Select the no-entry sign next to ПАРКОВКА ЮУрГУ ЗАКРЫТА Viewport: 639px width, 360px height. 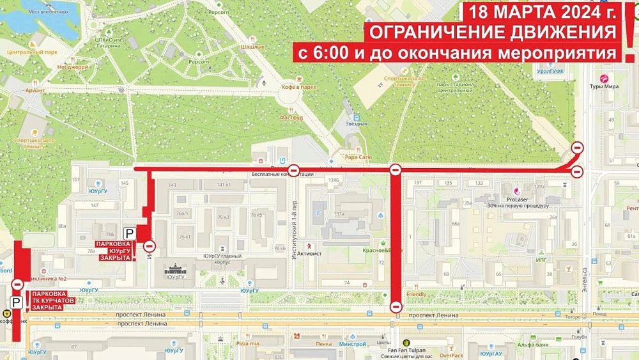tap(150, 246)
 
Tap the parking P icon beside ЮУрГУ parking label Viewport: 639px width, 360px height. tap(129, 235)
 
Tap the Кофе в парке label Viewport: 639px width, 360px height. tap(299, 87)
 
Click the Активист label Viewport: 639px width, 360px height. tap(323, 245)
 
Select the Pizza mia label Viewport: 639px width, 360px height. tap(247, 343)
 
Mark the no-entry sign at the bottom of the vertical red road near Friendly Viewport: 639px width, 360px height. tap(396, 307)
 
